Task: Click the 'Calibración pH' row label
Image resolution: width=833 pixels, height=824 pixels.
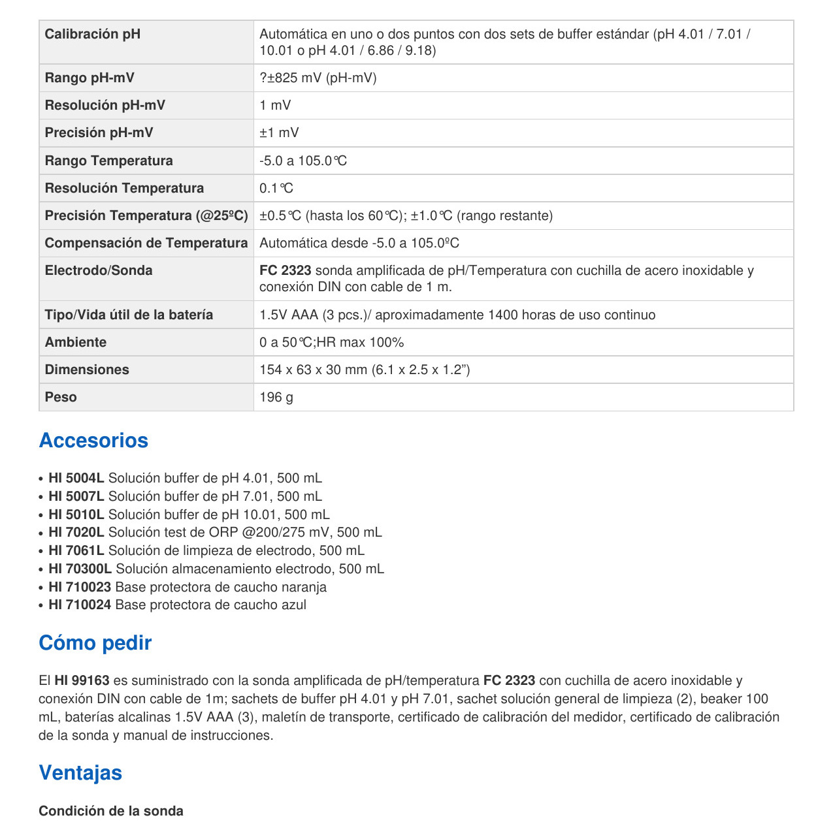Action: (x=92, y=34)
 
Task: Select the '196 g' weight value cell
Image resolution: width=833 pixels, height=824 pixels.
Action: (x=276, y=397)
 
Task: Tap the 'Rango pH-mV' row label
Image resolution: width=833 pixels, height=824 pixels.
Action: (x=90, y=78)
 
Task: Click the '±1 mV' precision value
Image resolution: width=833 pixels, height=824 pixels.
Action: (x=279, y=133)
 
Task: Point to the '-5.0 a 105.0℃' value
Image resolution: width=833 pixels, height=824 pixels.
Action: (x=303, y=161)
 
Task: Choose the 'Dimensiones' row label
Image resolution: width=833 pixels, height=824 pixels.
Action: (x=87, y=370)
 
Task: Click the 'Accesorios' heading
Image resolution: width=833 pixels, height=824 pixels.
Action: (x=93, y=440)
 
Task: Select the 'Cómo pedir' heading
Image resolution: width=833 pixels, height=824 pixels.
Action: (x=95, y=642)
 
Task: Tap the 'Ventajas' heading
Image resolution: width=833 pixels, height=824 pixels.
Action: (x=80, y=772)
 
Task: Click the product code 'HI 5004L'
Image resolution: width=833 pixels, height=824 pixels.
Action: (x=76, y=478)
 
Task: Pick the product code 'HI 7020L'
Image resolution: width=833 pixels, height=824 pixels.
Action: (x=76, y=532)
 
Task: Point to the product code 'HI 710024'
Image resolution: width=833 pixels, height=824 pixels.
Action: (x=80, y=605)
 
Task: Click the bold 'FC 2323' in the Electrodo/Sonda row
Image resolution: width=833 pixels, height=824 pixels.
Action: (x=285, y=270)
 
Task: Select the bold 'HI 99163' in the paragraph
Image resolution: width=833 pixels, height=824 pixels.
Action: (x=82, y=680)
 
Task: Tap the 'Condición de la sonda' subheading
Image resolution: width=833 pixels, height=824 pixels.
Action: (x=111, y=811)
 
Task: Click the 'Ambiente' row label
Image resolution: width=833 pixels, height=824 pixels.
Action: (x=75, y=342)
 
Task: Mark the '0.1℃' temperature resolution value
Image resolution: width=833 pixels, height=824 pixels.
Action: (x=276, y=188)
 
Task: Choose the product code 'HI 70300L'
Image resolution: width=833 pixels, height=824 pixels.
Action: (x=80, y=569)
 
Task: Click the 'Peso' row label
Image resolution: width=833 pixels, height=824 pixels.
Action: (x=61, y=397)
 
